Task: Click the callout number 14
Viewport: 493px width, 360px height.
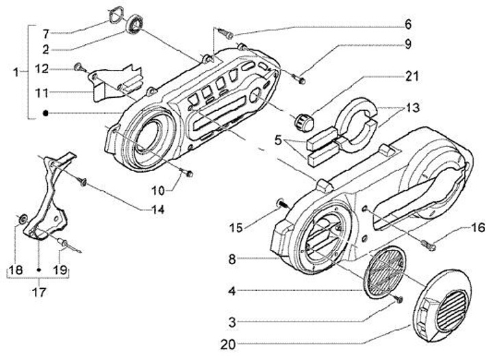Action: pyautogui.click(x=159, y=210)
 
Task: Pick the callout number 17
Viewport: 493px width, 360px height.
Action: pyautogui.click(x=40, y=292)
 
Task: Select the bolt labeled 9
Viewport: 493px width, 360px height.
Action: pyautogui.click(x=302, y=79)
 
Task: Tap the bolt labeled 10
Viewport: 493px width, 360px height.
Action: pyautogui.click(x=186, y=172)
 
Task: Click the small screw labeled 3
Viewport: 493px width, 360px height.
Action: pyautogui.click(x=399, y=299)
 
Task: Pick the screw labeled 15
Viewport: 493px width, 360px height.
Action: pyautogui.click(x=281, y=203)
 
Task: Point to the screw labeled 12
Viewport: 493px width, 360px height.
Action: pyautogui.click(x=77, y=67)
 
